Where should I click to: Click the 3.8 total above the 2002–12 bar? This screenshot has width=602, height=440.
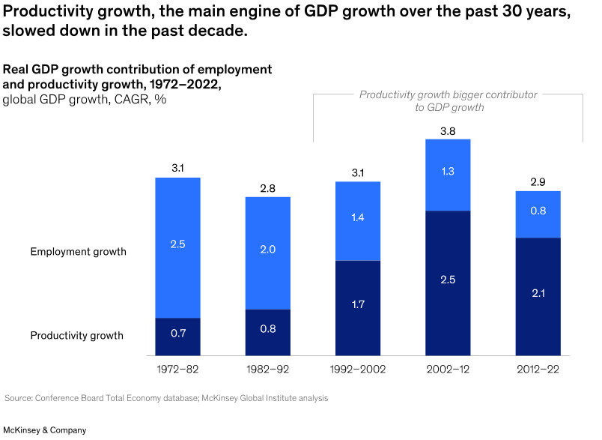tap(448, 131)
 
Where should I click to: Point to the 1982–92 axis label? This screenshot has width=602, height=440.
tap(268, 369)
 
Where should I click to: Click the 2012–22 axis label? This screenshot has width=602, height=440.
tap(538, 369)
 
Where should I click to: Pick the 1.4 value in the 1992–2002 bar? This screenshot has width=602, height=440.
tap(358, 218)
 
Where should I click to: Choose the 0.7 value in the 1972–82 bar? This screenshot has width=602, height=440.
tap(178, 333)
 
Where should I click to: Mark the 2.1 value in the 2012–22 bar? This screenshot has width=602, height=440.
tap(538, 293)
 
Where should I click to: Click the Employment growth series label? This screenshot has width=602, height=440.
tap(78, 252)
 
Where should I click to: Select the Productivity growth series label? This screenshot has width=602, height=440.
tap(76, 335)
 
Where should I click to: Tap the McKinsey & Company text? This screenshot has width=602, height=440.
tap(45, 430)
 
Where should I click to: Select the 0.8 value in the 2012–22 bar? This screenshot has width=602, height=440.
tap(538, 211)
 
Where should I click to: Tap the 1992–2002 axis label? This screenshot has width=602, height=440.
tap(358, 369)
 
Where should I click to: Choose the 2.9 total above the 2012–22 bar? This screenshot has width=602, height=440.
tap(538, 183)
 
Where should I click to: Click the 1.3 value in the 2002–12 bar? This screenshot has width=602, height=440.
tap(448, 172)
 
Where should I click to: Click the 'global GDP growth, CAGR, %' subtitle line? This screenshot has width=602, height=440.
tap(85, 100)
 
